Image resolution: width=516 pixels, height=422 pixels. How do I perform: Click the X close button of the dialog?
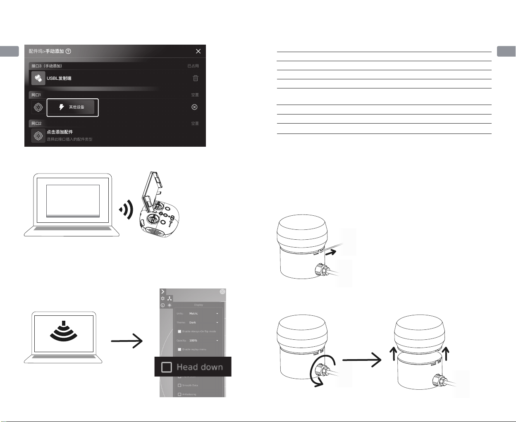click(x=198, y=51)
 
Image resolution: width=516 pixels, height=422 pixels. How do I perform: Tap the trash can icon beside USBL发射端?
click(x=196, y=78)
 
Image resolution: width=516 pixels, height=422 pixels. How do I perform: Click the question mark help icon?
click(x=68, y=51)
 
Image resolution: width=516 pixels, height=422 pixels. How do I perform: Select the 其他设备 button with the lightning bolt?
click(x=73, y=107)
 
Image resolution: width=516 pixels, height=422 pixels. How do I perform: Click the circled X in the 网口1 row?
click(x=194, y=107)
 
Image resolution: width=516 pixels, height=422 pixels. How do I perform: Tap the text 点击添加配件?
click(x=60, y=132)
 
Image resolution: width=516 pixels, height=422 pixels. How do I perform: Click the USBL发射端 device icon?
click(x=38, y=78)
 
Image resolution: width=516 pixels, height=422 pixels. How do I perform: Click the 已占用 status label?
click(x=193, y=66)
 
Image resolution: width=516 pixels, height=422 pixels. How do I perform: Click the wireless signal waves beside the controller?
click(x=127, y=210)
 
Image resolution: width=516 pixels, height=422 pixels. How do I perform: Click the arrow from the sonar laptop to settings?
click(x=127, y=341)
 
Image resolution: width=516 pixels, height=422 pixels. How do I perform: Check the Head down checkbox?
click(x=167, y=367)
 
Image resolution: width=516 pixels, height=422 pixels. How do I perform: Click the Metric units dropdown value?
click(x=193, y=314)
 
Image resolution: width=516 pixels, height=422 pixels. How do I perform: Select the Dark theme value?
click(x=193, y=323)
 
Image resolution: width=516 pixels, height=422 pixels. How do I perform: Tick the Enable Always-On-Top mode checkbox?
click(x=179, y=331)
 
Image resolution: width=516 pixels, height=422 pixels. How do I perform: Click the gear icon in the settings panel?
click(x=163, y=298)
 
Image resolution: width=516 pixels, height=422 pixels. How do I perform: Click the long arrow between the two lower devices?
click(x=361, y=360)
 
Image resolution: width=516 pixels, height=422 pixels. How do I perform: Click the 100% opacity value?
click(x=193, y=341)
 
